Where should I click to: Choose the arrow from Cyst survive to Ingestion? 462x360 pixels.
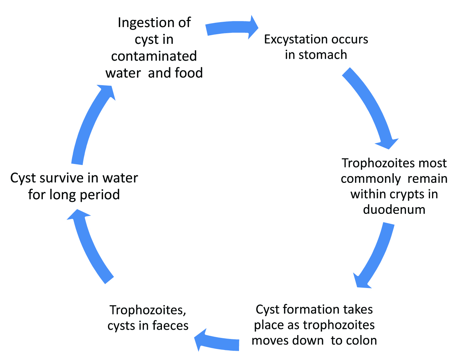(91, 125)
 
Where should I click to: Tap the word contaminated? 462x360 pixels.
(154, 56)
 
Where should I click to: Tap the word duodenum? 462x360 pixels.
(394, 209)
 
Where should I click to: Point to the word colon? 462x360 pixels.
(361, 340)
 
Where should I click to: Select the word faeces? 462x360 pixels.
(170, 325)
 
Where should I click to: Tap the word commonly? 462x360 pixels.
(371, 178)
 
